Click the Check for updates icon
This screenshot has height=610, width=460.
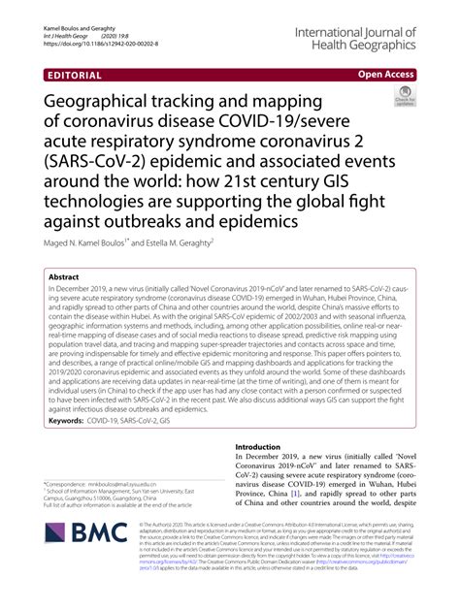coord(404,96)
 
